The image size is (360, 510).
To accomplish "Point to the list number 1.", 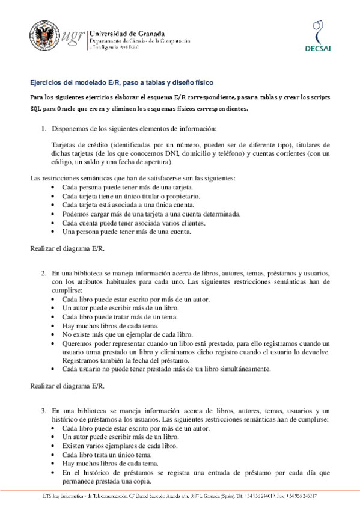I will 43,129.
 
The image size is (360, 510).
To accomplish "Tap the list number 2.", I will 43,272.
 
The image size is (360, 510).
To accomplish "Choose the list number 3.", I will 43,411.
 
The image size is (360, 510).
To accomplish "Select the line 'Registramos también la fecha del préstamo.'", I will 127,360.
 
